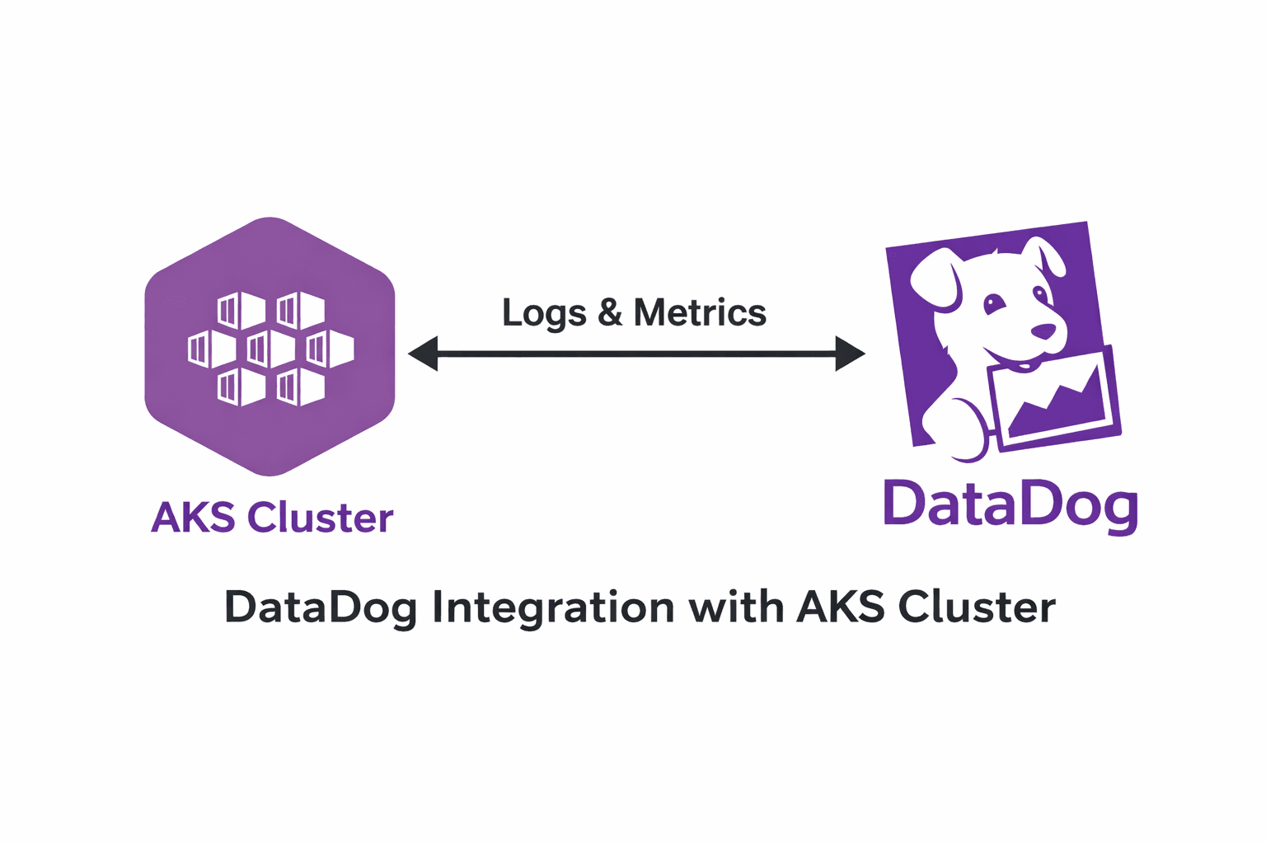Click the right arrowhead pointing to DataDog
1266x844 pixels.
coord(850,354)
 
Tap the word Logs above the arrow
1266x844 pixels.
coord(544,313)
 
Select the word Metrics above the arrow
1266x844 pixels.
coord(700,312)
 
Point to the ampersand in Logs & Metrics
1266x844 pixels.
coord(610,312)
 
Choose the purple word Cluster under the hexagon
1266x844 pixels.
coord(321,518)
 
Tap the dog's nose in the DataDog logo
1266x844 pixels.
coord(1043,331)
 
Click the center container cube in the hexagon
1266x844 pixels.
coord(270,349)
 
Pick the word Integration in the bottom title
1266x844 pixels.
coord(553,607)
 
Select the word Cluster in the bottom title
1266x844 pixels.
coord(977,607)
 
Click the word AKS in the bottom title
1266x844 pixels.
coord(841,607)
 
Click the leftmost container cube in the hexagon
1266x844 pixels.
coord(212,349)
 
